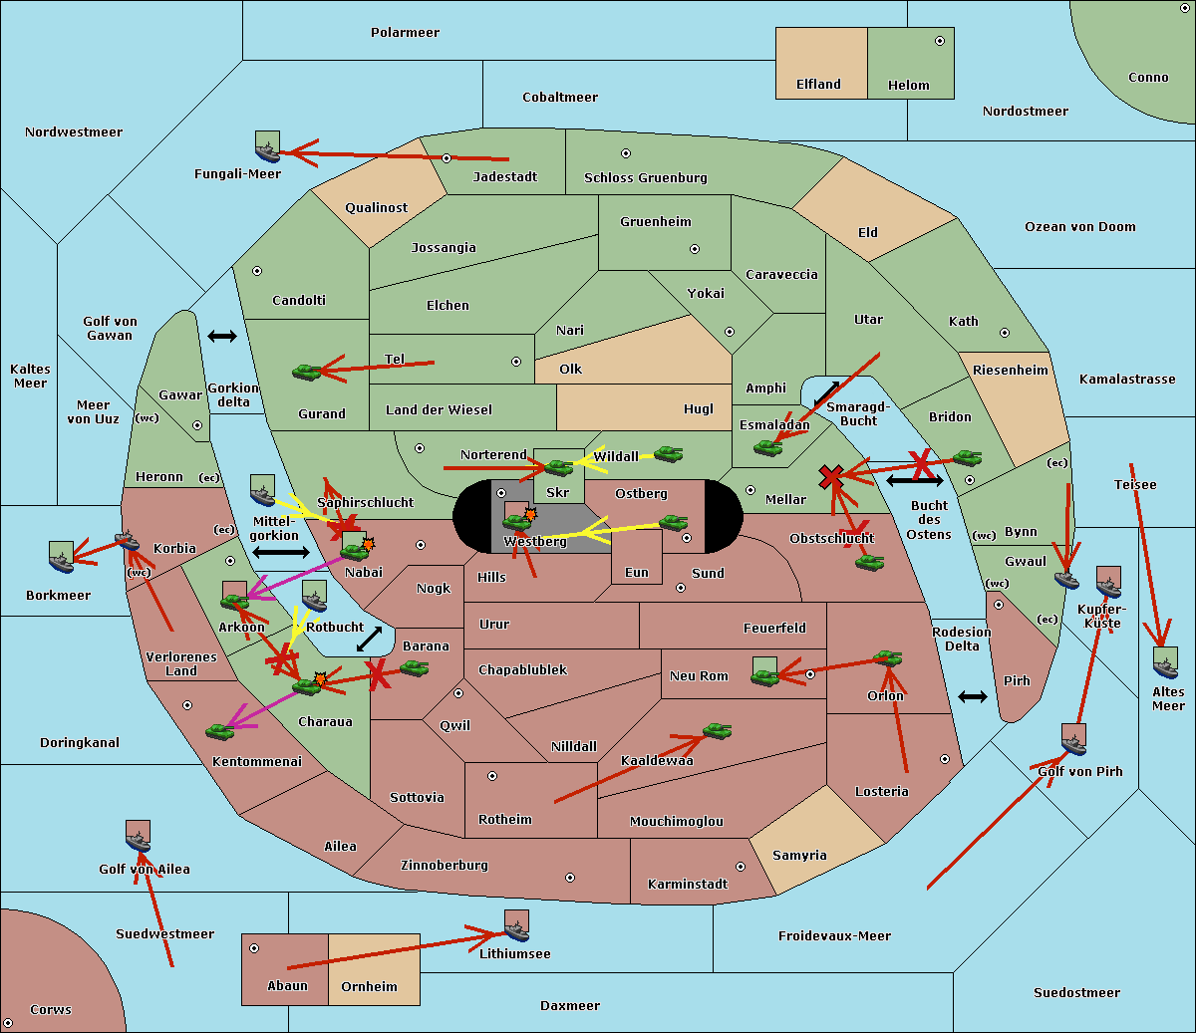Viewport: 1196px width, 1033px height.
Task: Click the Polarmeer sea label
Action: pos(405,33)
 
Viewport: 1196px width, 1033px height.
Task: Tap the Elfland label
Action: pos(818,85)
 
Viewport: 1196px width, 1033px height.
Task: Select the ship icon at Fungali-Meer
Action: pos(267,146)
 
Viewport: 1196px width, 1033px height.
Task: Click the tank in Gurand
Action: pos(306,372)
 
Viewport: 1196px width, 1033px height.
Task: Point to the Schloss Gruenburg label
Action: pos(645,178)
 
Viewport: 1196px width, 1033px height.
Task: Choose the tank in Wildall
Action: pos(668,454)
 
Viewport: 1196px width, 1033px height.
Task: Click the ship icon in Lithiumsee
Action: pos(516,926)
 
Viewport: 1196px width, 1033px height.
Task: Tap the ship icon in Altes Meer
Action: pos(1165,663)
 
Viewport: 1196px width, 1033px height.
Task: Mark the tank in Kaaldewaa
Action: pos(717,732)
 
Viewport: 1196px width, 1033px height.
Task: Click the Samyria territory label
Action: pos(799,856)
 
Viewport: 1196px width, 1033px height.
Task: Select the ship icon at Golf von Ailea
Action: pos(138,837)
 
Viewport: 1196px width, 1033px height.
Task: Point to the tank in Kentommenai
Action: pos(219,732)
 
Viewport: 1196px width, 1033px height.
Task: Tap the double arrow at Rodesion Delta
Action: pos(972,696)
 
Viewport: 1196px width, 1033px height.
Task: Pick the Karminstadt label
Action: pos(688,885)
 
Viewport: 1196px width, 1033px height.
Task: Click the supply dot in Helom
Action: pos(939,41)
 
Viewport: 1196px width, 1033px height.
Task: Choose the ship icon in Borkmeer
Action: pos(61,557)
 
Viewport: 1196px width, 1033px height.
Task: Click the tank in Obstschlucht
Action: pos(869,563)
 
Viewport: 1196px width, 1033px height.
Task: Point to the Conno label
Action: pos(1148,78)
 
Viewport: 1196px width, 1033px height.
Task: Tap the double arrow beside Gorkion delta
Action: pos(221,337)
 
